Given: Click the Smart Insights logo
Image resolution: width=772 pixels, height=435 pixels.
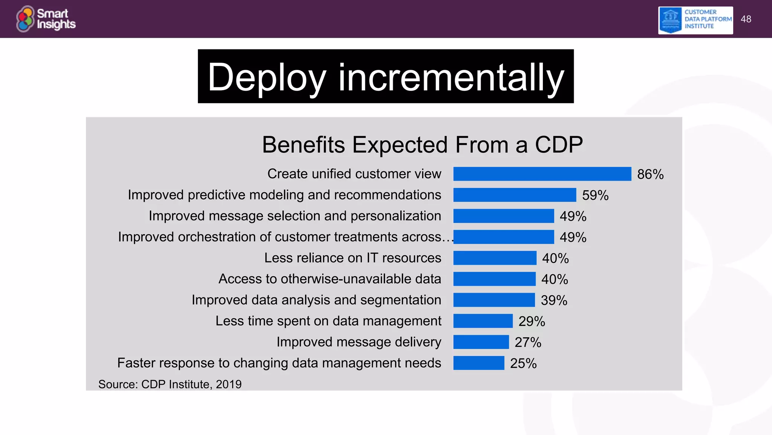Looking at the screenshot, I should click(x=46, y=19).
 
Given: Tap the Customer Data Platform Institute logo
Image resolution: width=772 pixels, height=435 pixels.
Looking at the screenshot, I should click(x=695, y=20).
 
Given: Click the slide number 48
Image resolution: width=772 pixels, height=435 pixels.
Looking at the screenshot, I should click(x=746, y=19).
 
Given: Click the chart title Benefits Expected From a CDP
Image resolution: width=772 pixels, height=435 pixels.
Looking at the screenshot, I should click(x=422, y=145).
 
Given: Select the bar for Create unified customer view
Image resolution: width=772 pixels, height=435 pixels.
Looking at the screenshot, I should click(x=542, y=174).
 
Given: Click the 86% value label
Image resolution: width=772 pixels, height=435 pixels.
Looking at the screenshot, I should click(x=650, y=174).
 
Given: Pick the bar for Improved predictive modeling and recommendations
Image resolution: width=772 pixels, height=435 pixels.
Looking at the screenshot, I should click(x=515, y=195).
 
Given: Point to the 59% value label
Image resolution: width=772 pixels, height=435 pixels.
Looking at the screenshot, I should click(x=595, y=196).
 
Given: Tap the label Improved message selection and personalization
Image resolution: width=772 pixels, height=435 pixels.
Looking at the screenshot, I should click(x=295, y=216).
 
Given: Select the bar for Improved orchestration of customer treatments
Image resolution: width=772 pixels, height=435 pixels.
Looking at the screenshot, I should click(x=504, y=237).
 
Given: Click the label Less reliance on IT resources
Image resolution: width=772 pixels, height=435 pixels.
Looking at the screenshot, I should click(x=352, y=258).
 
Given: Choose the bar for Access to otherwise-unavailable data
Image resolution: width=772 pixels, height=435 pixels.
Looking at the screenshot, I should click(x=494, y=279).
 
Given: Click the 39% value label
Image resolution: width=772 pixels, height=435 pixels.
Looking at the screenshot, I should click(x=554, y=301).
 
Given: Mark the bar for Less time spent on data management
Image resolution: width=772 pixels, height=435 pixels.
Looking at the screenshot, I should click(x=483, y=321).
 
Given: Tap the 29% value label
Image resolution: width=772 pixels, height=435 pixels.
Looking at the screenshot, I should click(x=532, y=321).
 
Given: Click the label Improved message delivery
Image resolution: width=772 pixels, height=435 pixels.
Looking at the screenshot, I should click(x=358, y=342).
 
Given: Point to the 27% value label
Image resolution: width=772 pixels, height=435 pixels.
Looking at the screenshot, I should click(x=528, y=342).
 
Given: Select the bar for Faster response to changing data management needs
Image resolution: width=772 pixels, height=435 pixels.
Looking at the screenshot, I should click(x=479, y=363).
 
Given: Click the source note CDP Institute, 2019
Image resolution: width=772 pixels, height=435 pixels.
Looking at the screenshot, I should click(x=170, y=384).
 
